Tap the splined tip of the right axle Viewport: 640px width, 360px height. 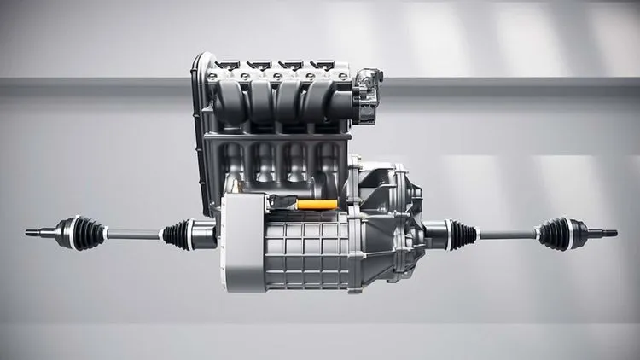click(608, 232)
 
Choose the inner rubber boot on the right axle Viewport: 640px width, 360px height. click(462, 234)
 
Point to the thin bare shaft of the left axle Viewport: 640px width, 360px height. click(133, 234)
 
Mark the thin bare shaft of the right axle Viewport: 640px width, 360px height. click(507, 234)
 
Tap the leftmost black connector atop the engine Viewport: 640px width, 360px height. click(228, 64)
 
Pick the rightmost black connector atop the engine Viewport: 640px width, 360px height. click(323, 64)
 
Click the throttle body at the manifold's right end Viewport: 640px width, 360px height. click(367, 95)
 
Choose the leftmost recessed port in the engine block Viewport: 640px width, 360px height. click(234, 162)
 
